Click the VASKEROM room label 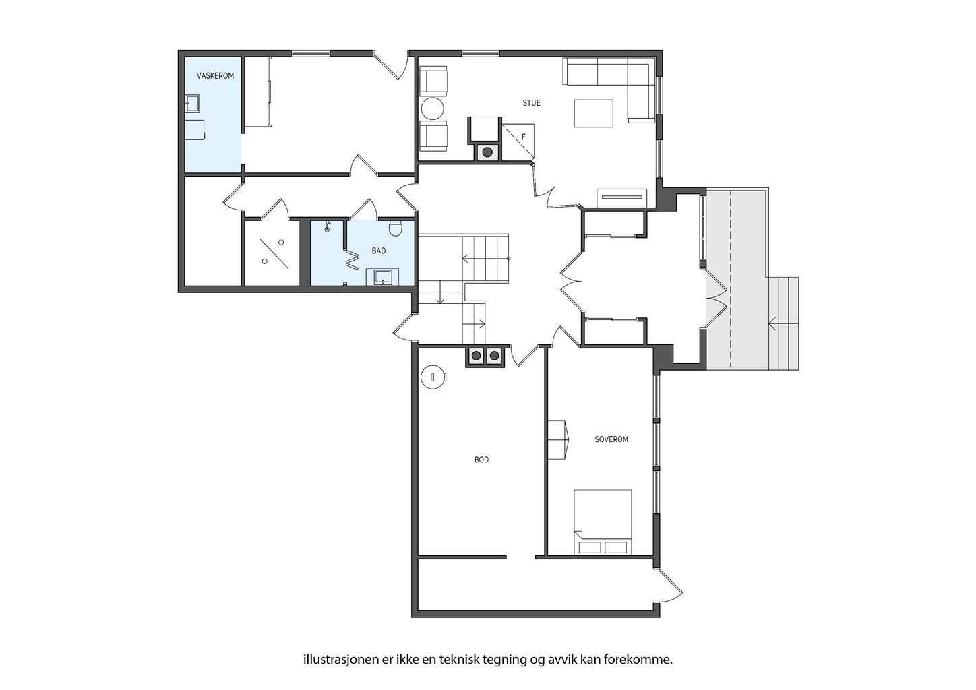tap(215, 76)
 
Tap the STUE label tap(531, 103)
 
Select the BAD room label tap(379, 251)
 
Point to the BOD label tap(481, 460)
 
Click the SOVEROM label tap(611, 439)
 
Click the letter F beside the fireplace tap(524, 137)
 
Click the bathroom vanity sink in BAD tap(384, 276)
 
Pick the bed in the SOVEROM tap(603, 522)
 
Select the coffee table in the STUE tap(594, 113)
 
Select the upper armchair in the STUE tap(433, 82)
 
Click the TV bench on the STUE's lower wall tap(622, 198)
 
